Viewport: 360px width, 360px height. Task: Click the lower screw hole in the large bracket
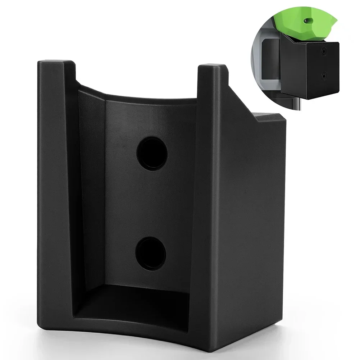(x=151, y=253)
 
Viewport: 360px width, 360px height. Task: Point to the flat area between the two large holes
(x=151, y=203)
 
